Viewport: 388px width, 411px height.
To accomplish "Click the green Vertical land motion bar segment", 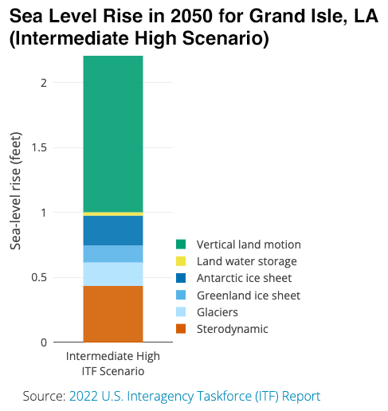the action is coord(113,134).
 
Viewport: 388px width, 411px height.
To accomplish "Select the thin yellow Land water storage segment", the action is coord(113,214).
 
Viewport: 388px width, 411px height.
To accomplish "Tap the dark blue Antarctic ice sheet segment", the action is coord(113,230).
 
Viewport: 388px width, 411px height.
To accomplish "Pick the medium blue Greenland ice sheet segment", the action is coord(113,254).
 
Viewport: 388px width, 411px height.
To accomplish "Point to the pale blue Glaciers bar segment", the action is coord(113,274).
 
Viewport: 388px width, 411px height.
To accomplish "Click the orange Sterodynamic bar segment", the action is coord(113,314).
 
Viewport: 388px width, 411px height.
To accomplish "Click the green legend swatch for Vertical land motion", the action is coord(181,245).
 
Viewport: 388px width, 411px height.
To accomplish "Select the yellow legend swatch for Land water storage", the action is coord(181,261).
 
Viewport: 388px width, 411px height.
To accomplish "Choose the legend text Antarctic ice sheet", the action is coord(244,278).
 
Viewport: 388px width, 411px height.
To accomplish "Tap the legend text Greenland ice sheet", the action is coord(249,296).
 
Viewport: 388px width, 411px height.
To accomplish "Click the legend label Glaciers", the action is coord(218,312).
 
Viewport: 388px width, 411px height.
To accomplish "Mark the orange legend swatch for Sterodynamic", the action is coord(181,329).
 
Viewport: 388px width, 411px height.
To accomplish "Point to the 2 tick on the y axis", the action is coord(44,83).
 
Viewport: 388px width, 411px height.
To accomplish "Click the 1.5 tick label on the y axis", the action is coord(39,147).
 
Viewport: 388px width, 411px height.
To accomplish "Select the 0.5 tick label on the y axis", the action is coord(39,277).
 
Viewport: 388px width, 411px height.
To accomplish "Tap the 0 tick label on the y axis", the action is coord(44,342).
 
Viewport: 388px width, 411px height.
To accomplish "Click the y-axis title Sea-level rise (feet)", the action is coord(15,190).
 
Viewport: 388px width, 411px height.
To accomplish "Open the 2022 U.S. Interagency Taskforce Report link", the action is coord(194,396).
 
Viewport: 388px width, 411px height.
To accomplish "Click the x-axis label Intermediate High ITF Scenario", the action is coord(113,363).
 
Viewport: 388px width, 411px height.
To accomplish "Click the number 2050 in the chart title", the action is coord(191,16).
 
